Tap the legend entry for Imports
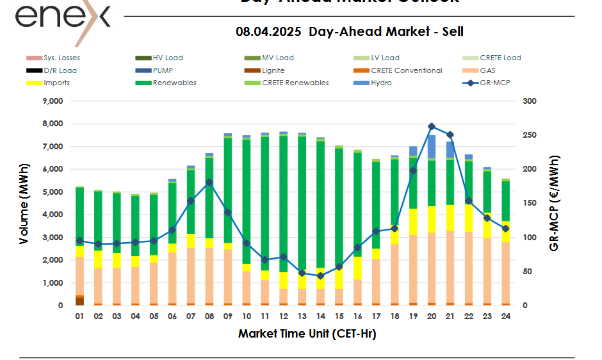(x=57, y=83)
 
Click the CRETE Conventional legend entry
(x=406, y=70)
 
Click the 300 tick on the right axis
(x=530, y=101)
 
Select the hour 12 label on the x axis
(x=283, y=316)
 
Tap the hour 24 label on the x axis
(x=505, y=316)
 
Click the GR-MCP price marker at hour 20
(x=432, y=127)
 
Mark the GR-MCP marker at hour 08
(x=209, y=183)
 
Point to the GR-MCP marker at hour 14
(x=320, y=276)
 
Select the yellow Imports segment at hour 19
(x=413, y=222)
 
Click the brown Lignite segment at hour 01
(x=80, y=301)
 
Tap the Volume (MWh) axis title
(x=24, y=204)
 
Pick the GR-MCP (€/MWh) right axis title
(x=555, y=204)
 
